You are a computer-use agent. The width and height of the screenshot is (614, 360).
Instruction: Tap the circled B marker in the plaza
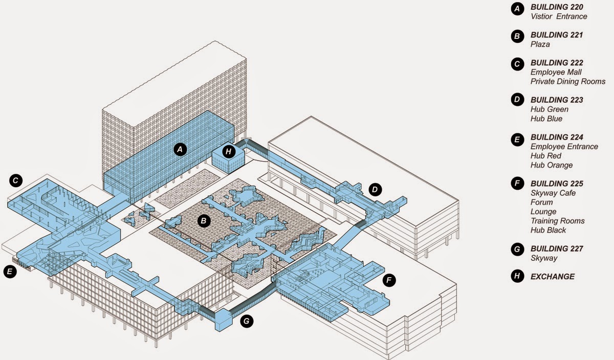coord(204,221)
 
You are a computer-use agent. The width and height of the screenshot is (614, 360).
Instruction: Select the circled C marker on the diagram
coord(16,180)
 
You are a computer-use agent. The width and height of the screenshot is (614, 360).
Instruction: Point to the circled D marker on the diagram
coord(375,190)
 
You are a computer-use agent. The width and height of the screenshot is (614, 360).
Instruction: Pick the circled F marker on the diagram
coord(389,280)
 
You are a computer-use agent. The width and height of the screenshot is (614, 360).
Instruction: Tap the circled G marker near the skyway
coord(247,321)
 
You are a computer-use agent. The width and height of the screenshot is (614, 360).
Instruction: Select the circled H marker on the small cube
coord(229,151)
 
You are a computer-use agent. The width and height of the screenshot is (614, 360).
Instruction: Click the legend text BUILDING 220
coord(557,8)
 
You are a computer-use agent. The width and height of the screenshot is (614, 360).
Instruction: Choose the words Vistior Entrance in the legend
coord(559,16)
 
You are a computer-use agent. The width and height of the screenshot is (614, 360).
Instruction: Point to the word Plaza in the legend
coord(540,44)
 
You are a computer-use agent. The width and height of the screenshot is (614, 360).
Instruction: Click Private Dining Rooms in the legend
coord(568,81)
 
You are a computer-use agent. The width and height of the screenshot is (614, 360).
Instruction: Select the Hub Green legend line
coord(550,109)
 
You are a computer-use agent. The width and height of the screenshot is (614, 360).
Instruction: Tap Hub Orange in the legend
coord(552,165)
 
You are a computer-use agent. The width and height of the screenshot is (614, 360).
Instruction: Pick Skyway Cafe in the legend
coord(553,193)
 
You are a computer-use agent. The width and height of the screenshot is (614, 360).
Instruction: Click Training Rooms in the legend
coord(557,221)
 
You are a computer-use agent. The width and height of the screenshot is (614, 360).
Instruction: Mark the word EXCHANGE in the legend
coord(553,277)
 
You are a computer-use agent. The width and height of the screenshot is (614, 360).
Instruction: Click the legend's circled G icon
coord(517,249)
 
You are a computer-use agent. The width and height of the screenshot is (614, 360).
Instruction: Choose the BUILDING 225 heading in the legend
coord(557,184)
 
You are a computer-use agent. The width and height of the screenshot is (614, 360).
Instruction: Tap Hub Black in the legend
coord(549,230)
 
